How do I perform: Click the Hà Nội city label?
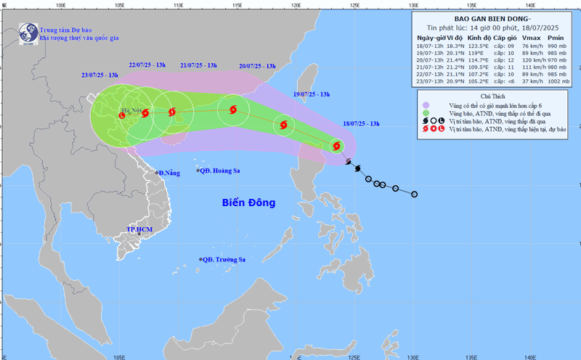click(131, 112)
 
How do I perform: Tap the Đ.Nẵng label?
click(168, 173)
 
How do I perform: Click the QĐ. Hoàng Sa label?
click(221, 171)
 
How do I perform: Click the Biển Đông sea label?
click(248, 202)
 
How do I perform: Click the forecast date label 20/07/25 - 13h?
click(256, 66)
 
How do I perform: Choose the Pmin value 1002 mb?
click(554, 82)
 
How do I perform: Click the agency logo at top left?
click(28, 32)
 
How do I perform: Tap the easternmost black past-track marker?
click(415, 194)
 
